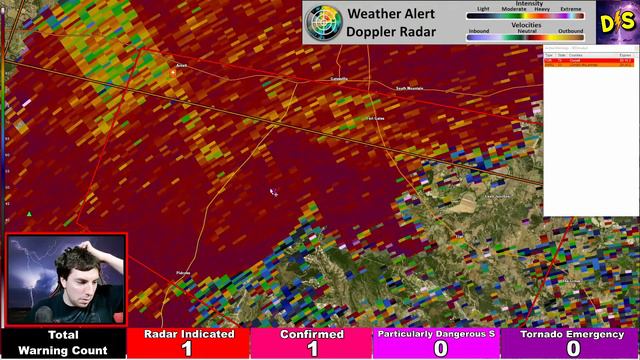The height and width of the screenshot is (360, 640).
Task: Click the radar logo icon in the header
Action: point(323,21)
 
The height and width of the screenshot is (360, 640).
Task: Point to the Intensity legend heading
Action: point(529,4)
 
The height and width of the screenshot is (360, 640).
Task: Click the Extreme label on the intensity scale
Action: point(570,9)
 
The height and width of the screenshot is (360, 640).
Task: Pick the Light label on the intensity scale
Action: point(484,9)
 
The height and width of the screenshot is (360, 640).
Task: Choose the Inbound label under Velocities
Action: point(479,31)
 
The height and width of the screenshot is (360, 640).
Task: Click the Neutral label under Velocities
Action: point(527,31)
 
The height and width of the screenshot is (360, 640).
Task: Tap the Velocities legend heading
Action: point(527,24)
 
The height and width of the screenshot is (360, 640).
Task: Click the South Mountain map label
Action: point(409,88)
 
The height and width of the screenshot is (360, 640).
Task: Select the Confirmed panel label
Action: point(312,334)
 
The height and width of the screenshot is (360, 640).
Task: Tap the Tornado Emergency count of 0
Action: point(573,348)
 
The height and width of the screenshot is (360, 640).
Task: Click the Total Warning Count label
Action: point(63,342)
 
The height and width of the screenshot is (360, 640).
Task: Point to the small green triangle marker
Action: point(29,213)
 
